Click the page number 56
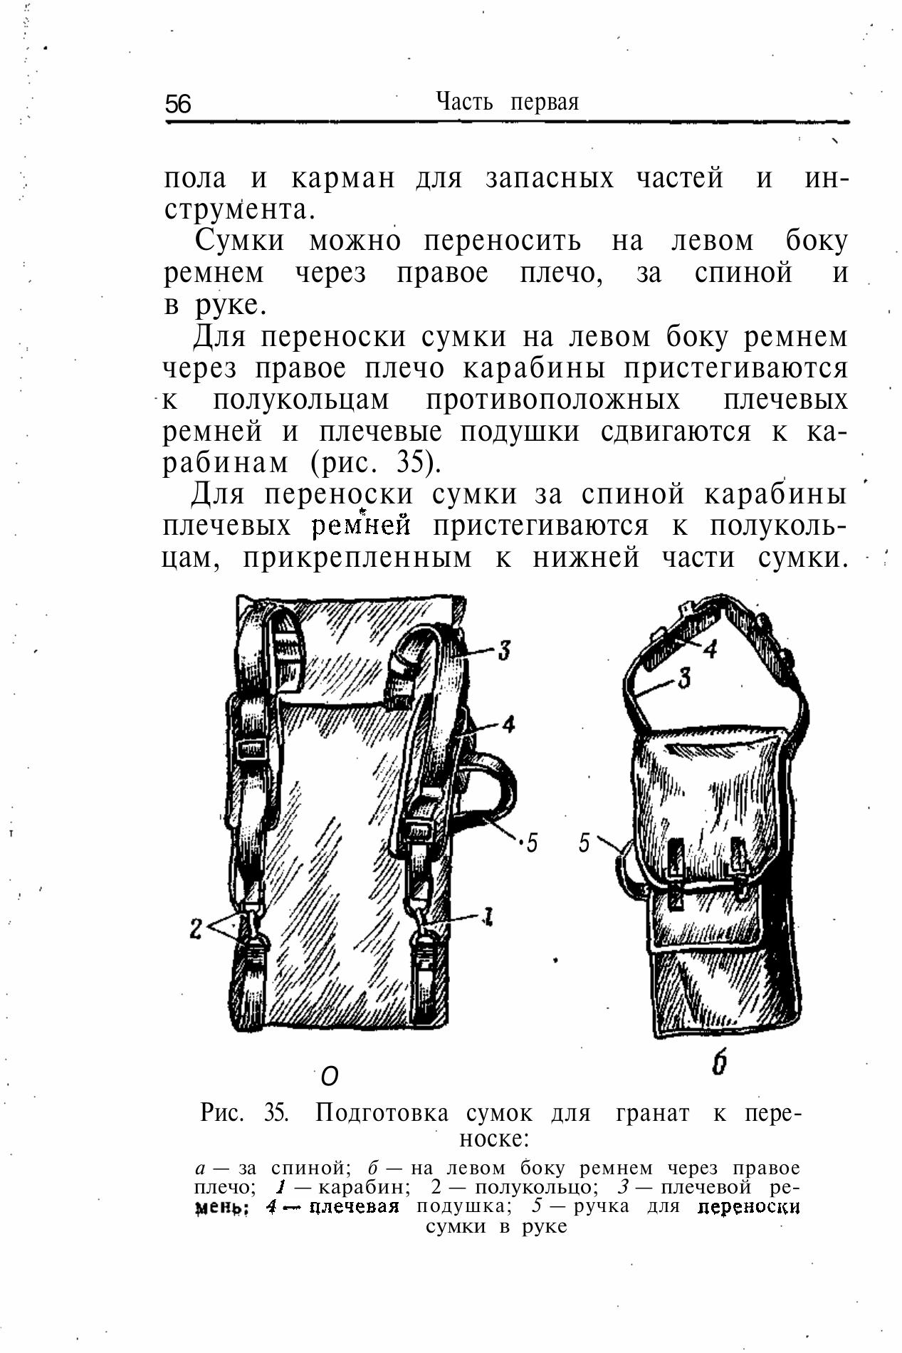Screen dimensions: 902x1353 178,105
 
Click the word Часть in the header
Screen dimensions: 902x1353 464,102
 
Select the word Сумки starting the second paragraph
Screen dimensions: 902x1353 239,241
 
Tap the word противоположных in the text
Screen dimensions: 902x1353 553,400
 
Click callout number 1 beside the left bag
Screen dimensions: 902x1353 488,916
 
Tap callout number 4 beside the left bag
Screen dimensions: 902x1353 508,725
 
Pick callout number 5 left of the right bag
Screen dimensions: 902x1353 584,843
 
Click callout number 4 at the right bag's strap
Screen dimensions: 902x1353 710,648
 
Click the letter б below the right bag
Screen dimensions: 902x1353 719,1064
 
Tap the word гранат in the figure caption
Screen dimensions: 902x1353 652,1112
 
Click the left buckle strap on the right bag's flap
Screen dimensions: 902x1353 676,872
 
